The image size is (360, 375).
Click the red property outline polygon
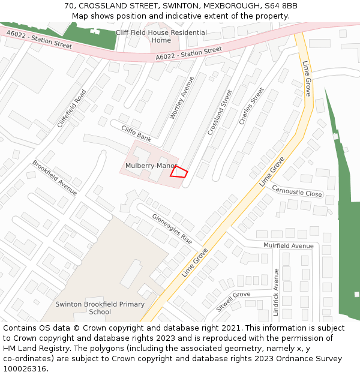coord(178,172)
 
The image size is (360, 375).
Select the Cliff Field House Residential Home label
coord(161,36)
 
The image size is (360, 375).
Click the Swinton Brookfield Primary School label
coord(100,308)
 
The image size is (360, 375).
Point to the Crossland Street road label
coord(220,112)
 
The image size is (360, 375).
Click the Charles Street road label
coord(251,106)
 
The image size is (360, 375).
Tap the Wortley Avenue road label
coord(182,98)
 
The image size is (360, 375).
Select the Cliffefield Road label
coord(72,108)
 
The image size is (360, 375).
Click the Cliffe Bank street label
coord(136,133)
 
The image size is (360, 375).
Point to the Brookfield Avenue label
coord(55,178)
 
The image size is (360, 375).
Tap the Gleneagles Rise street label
coord(172,229)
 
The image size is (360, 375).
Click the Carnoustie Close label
coord(297,191)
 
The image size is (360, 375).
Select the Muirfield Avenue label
coord(289,245)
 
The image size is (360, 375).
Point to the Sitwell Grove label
coord(233,301)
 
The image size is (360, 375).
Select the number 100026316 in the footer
coord(25,369)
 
